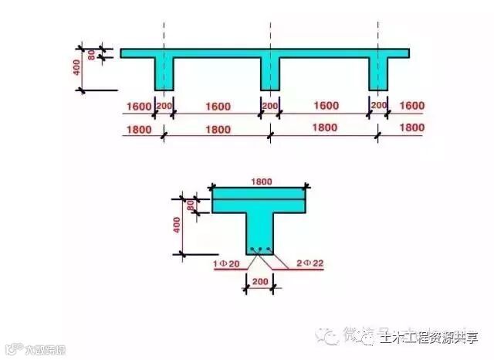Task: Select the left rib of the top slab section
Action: click(164, 74)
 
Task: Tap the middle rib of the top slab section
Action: click(269, 74)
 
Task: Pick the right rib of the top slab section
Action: click(378, 74)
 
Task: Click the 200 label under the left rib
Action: click(164, 105)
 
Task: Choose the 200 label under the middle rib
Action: click(269, 105)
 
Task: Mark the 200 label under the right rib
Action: click(378, 105)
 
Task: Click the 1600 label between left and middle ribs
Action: click(217, 105)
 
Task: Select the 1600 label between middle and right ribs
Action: click(325, 105)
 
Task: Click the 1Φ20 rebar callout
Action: click(225, 264)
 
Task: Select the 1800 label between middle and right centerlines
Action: click(325, 128)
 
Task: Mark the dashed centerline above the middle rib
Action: click(269, 35)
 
